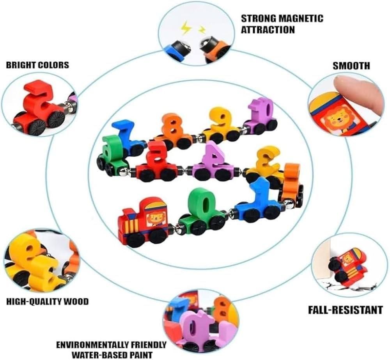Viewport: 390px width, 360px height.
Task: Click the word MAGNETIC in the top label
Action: (x=301, y=19)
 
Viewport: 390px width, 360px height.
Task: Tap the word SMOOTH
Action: (x=351, y=66)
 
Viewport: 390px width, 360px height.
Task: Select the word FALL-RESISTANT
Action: (x=346, y=310)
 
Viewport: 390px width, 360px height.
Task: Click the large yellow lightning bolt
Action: (x=185, y=28)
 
